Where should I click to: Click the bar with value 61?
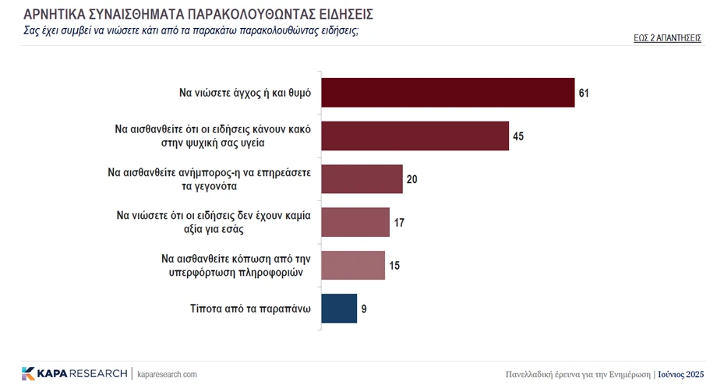[447, 93]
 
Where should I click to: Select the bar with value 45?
[415, 136]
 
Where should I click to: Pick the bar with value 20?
[362, 178]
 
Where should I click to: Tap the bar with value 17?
[355, 222]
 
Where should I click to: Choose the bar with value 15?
[353, 265]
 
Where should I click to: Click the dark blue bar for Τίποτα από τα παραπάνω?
[339, 308]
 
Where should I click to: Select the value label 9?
[364, 309]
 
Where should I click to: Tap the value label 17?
[399, 223]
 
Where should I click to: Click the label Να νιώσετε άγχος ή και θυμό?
[245, 93]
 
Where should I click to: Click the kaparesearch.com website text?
[167, 374]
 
